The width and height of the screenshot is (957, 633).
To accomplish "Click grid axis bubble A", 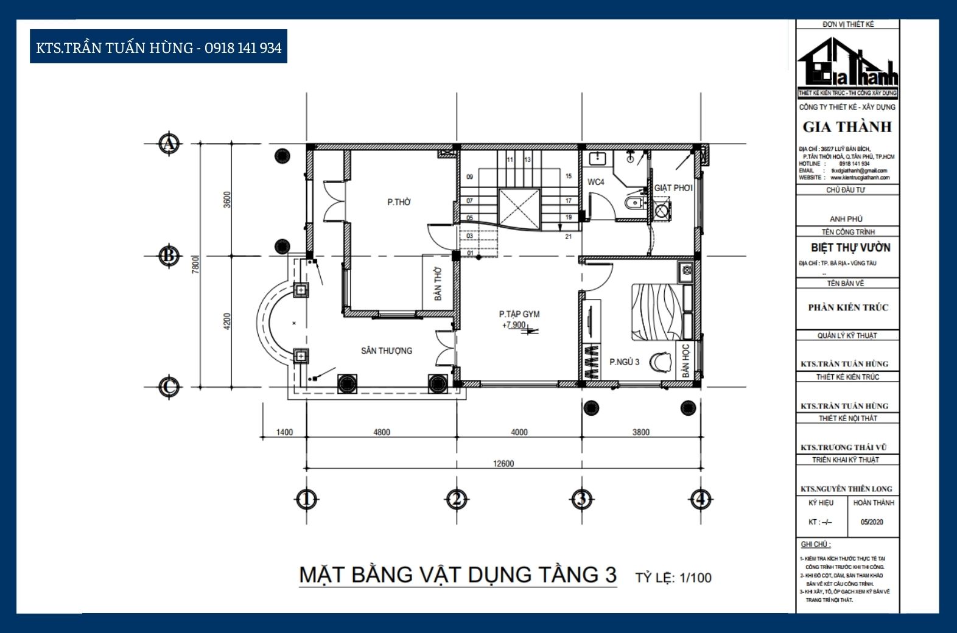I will [169, 144].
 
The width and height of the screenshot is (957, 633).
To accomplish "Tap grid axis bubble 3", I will [581, 499].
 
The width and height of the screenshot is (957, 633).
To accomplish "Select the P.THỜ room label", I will [399, 202].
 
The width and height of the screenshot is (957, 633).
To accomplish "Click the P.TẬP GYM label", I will [519, 314].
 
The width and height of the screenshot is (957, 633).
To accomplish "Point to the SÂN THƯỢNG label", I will [386, 351].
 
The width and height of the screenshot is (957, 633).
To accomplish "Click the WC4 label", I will [596, 182].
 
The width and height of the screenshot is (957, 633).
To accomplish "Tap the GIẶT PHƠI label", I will [673, 188].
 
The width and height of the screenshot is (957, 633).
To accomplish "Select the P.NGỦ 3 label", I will [624, 362].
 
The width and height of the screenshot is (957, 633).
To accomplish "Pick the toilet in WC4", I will [634, 202].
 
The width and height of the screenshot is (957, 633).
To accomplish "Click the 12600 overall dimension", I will [503, 464].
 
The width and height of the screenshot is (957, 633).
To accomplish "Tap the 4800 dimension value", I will [381, 433].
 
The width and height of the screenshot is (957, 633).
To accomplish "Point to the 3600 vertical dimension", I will [227, 200].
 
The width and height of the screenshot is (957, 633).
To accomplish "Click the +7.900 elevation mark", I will [514, 325].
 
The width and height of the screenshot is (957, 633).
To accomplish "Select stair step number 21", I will [568, 236].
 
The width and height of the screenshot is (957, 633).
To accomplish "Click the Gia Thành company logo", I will [847, 64].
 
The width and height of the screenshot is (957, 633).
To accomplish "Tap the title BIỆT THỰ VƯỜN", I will [850, 248].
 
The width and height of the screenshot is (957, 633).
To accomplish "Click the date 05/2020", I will [872, 522].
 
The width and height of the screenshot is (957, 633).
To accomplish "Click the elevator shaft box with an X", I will [519, 209].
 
